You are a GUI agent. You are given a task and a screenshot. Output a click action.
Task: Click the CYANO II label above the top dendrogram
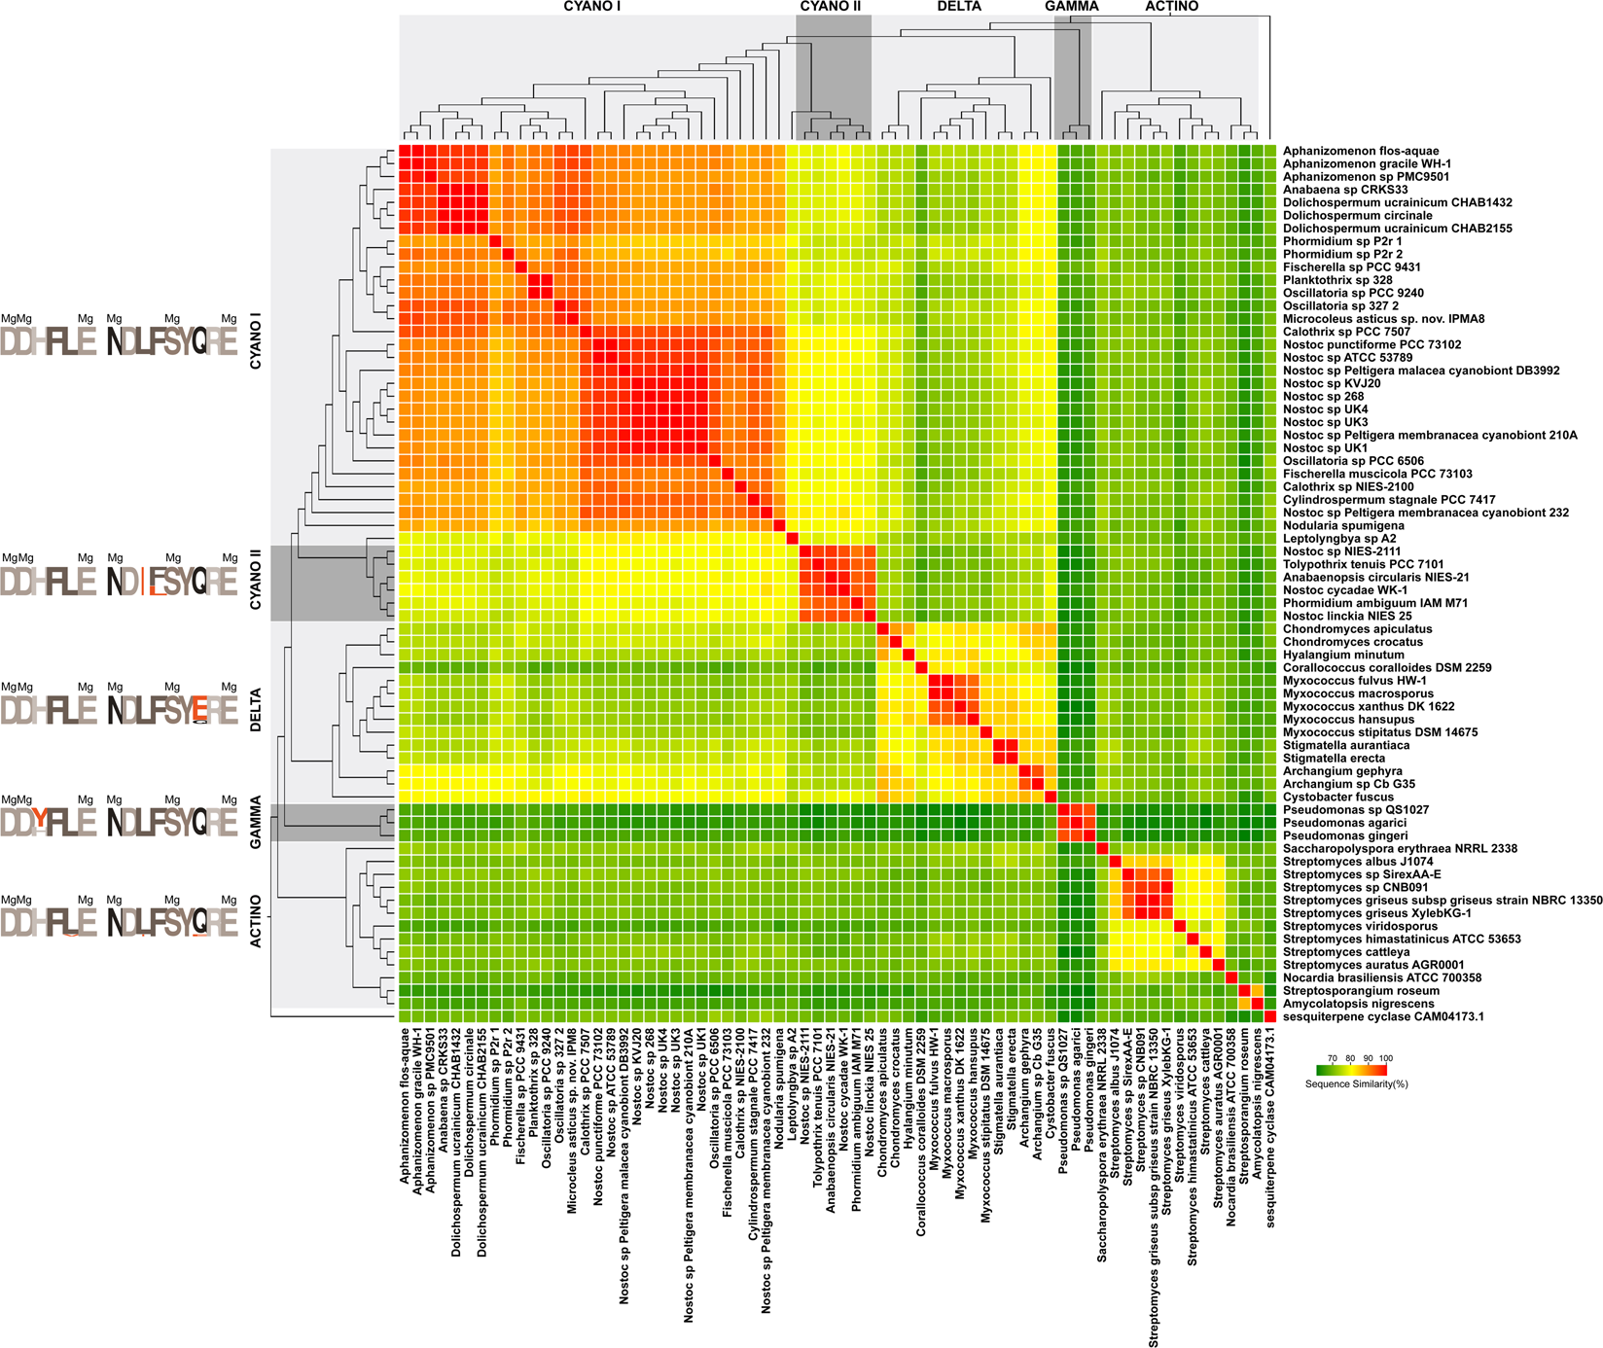[x=830, y=7]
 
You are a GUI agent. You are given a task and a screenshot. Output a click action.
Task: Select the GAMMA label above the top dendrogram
[x=1071, y=7]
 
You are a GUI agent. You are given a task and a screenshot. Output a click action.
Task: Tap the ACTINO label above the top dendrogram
[x=1171, y=7]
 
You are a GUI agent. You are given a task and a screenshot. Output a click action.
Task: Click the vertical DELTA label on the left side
[x=256, y=710]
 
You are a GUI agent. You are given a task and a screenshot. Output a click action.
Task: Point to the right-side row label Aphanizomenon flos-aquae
[x=1360, y=151]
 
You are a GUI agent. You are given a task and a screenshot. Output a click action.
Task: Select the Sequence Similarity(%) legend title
[x=1356, y=1083]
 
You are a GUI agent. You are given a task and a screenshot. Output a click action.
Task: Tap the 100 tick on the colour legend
[x=1385, y=1058]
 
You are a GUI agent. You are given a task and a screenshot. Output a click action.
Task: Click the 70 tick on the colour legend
[x=1332, y=1058]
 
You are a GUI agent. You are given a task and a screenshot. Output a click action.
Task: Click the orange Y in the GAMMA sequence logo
[x=39, y=822]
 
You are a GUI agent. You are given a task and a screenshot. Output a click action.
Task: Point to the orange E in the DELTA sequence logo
[x=198, y=709]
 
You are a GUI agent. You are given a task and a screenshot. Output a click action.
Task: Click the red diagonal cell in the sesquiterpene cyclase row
[x=1269, y=1016]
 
